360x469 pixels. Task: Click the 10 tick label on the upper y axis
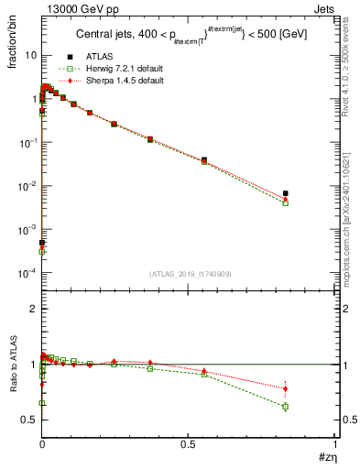pyautogui.click(x=29, y=56)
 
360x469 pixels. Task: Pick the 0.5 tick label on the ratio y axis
pyautogui.click(x=29, y=420)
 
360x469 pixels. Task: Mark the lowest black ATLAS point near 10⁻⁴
pyautogui.click(x=42, y=243)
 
